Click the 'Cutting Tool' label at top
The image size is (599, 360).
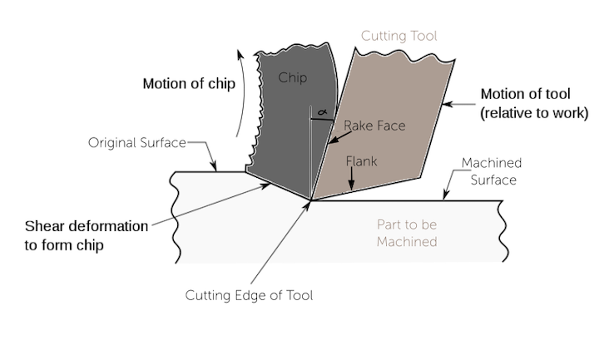coord(399,37)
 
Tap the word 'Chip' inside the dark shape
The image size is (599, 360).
coord(292,78)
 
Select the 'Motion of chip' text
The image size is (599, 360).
coord(189,83)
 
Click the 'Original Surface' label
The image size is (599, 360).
coord(136,143)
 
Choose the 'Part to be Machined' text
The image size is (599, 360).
coord(405,234)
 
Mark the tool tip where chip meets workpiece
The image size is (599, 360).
coord(310,200)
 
